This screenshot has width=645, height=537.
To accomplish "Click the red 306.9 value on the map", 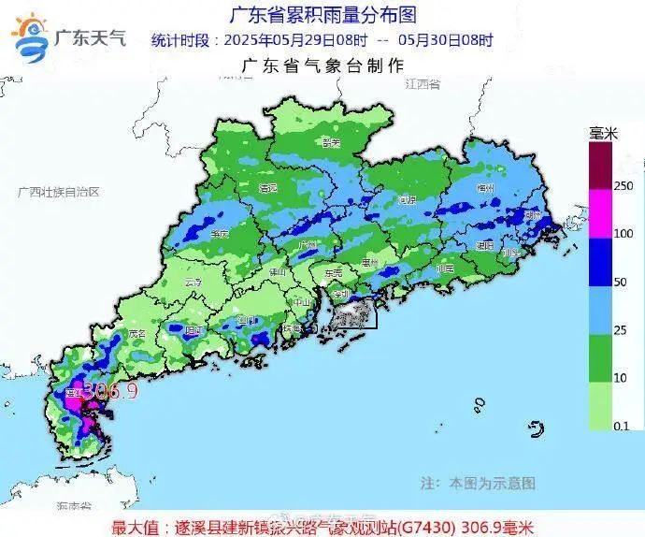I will click(x=110, y=391).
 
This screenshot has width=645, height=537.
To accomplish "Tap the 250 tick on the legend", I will click(x=623, y=186).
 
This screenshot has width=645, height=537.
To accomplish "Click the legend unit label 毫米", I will click(x=603, y=134).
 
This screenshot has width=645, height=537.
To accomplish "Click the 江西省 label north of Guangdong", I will click(x=423, y=84).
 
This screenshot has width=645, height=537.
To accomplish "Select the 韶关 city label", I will click(x=329, y=143).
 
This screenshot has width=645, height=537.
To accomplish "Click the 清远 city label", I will click(x=268, y=187).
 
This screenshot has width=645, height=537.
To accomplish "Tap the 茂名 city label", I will click(x=138, y=332).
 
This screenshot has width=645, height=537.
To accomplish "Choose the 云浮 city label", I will click(x=193, y=281).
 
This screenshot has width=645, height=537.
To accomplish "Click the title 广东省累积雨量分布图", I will click(x=322, y=15).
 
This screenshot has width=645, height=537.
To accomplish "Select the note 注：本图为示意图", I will click(x=478, y=483).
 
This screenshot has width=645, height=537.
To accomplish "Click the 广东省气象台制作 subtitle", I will click(x=322, y=65).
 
